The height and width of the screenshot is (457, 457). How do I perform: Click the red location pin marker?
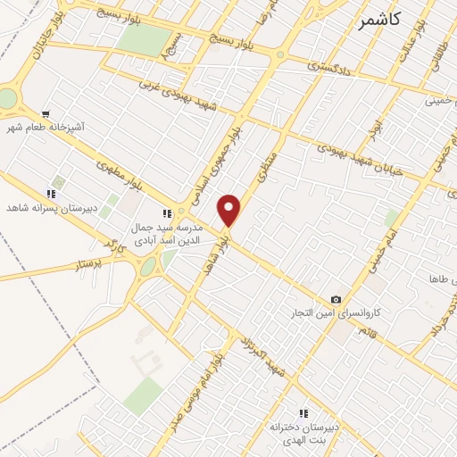pyautogui.click(x=230, y=211)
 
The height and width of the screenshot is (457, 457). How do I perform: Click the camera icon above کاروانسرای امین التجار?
pyautogui.click(x=336, y=300)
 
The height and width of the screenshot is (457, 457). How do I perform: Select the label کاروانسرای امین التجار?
pyautogui.click(x=338, y=315)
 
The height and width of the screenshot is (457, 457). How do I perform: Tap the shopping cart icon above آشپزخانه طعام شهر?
pyautogui.click(x=46, y=114)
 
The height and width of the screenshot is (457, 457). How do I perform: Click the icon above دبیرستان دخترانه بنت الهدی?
pyautogui.click(x=303, y=413)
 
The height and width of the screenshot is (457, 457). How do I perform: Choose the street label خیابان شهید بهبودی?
pyautogui.click(x=356, y=151)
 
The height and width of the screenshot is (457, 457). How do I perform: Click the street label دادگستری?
pyautogui.click(x=329, y=65)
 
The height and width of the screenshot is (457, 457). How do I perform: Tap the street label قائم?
pyautogui.click(x=365, y=331)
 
